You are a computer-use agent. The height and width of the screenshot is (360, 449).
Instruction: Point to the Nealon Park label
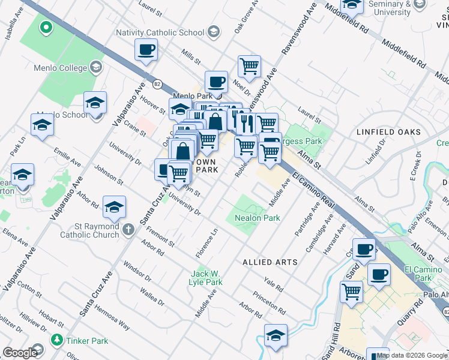click(x=257, y=218)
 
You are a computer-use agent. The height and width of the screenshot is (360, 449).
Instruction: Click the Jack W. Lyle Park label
click(x=206, y=277)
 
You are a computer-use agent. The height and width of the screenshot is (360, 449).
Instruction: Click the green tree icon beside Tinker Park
click(x=56, y=340)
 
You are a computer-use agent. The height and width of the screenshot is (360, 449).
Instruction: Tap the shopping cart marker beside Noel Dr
click(x=249, y=65)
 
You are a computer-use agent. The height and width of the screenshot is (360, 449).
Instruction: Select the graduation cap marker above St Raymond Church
click(x=114, y=207)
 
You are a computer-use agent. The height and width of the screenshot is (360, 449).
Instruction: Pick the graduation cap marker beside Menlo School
click(x=42, y=124)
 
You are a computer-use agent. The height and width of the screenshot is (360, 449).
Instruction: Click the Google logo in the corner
click(x=20, y=353)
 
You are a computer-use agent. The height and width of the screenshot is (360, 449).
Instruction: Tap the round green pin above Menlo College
click(x=45, y=27)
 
